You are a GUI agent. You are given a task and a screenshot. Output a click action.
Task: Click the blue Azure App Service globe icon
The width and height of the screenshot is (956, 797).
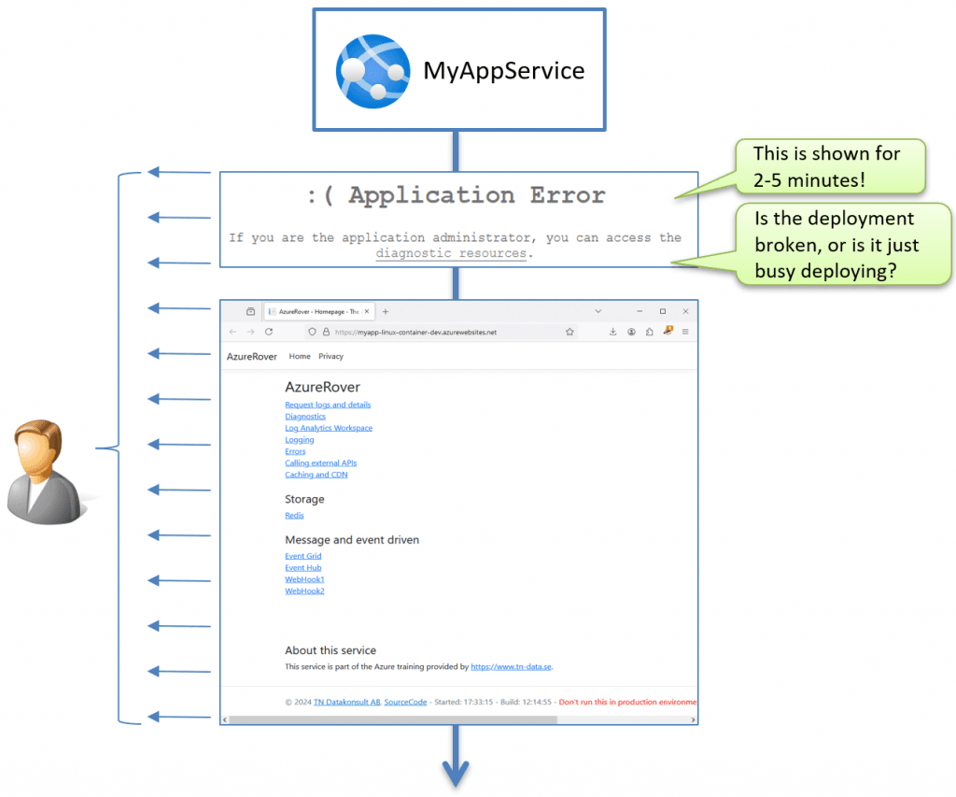373,71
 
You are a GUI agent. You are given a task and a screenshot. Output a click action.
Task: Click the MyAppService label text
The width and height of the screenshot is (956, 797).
503,71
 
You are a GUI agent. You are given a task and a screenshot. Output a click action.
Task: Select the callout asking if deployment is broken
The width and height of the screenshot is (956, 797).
836,245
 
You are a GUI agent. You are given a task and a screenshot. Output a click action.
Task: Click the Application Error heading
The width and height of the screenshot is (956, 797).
457,195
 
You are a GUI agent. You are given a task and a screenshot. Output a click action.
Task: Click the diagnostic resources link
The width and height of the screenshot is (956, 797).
451,253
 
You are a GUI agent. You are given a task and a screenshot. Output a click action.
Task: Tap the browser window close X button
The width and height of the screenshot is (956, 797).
685,311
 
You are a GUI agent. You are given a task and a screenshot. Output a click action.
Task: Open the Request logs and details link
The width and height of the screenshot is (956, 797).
328,405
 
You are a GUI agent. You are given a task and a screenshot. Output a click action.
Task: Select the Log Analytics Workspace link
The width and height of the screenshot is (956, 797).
329,428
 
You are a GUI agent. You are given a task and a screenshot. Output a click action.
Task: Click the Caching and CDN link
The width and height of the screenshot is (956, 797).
316,475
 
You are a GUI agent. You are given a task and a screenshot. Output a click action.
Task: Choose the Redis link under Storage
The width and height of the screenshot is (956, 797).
294,515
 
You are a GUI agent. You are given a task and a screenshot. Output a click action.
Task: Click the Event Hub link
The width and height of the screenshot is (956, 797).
303,567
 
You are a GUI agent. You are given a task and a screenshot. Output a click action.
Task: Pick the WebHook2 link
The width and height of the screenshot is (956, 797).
304,591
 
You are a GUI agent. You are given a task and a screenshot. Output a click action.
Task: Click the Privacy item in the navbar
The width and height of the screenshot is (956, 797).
330,356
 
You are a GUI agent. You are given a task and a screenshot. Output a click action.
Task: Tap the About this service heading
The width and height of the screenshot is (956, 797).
330,650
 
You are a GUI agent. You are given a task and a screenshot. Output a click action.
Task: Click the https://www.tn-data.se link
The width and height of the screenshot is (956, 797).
511,667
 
